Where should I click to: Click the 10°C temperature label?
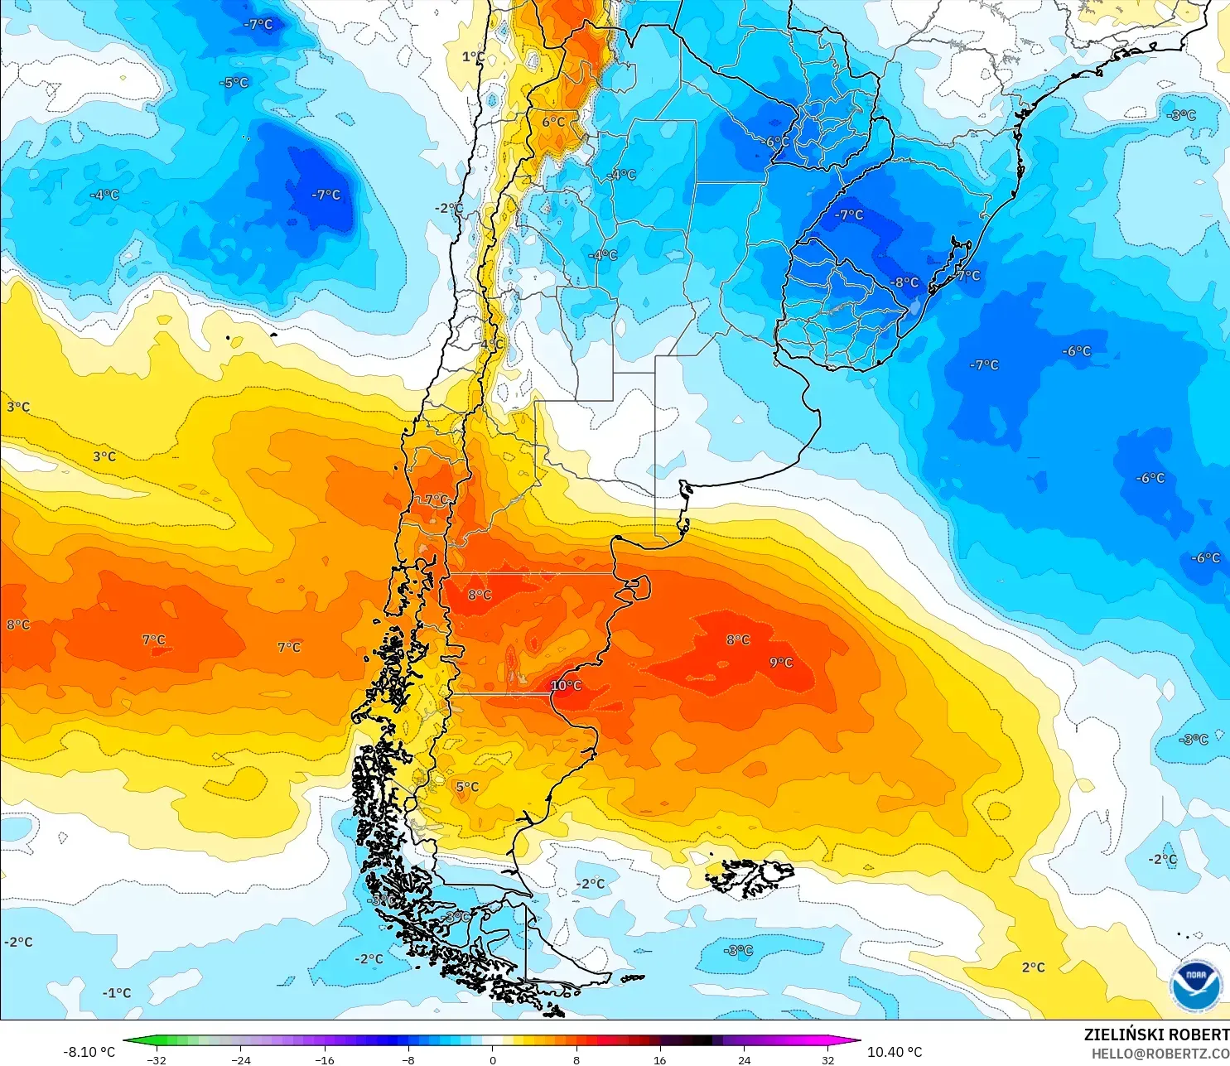567,686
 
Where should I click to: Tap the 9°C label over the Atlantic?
781,663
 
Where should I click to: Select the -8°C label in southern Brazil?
904,282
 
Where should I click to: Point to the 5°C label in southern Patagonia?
467,787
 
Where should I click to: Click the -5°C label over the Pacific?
234,83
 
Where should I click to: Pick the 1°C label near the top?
473,57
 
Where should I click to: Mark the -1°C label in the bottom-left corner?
117,993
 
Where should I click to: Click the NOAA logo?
1195,986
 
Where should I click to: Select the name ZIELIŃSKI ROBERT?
1156,1035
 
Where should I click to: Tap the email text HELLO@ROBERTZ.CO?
1160,1054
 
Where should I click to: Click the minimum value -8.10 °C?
89,1052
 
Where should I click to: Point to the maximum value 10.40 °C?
895,1052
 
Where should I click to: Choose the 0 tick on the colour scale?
493,1060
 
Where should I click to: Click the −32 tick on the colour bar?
156,1060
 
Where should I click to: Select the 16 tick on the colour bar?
660,1060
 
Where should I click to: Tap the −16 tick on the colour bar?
325,1060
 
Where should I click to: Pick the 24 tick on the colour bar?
745,1060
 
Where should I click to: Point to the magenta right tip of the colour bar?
855,1040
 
